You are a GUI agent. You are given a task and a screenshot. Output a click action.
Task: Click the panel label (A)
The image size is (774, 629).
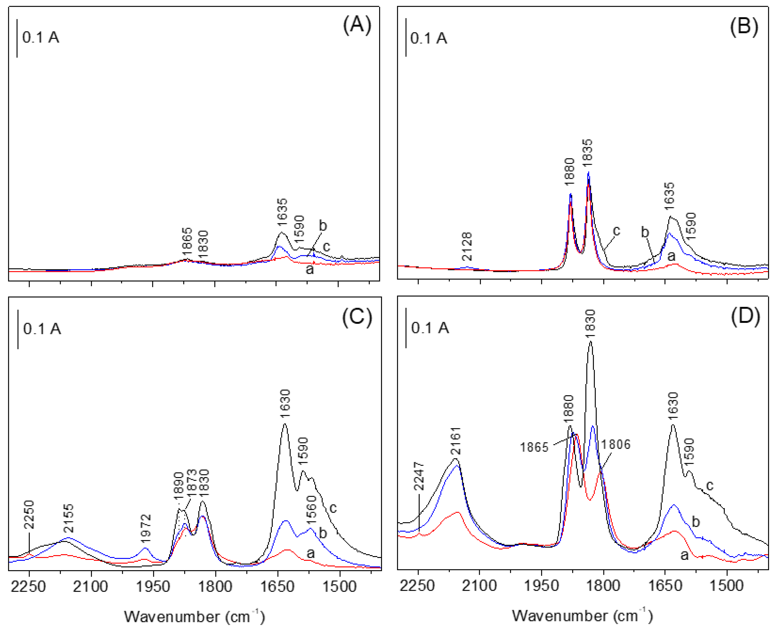click(357, 26)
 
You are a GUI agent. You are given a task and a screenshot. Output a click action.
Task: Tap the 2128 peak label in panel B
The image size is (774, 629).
click(468, 247)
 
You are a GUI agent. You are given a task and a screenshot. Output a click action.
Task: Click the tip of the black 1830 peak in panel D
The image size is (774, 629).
click(591, 341)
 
